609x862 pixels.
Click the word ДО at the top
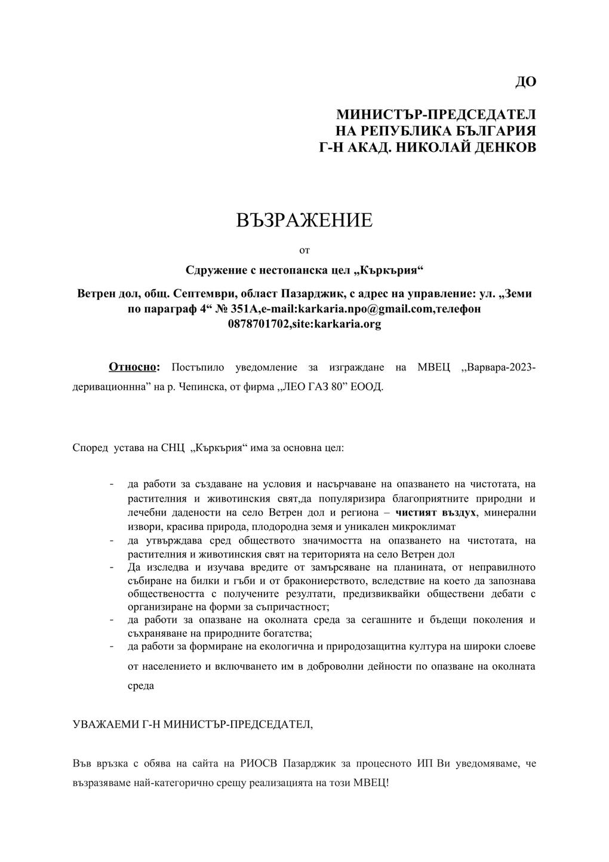(x=525, y=82)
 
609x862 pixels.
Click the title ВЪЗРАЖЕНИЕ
(x=304, y=220)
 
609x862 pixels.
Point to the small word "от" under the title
(x=304, y=249)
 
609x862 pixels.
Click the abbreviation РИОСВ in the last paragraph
(x=260, y=763)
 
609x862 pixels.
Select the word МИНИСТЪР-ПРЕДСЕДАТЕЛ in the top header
(x=436, y=114)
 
